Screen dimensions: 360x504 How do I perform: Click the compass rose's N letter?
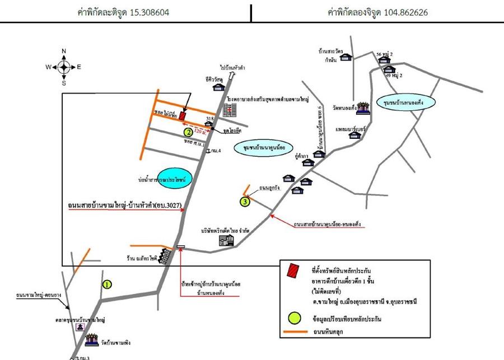click(64, 52)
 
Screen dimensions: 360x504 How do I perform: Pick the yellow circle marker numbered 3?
click(245, 202)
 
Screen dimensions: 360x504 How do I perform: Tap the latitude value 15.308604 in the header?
click(148, 11)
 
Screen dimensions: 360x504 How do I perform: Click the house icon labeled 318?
click(208, 125)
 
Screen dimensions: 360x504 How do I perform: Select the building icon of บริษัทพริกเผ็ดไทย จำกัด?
click(226, 241)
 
